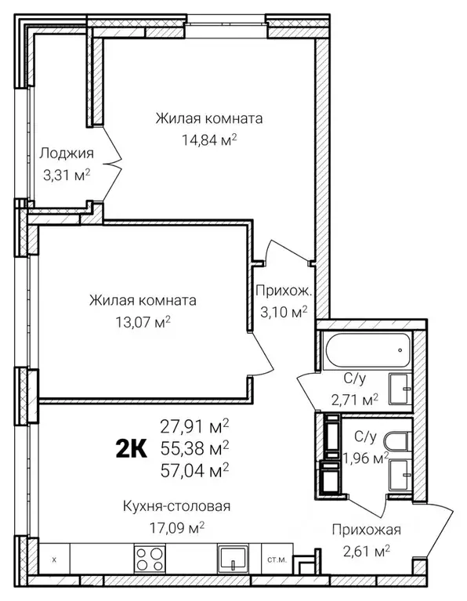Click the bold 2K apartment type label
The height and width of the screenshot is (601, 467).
point(131,449)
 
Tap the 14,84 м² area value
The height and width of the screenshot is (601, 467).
point(209,140)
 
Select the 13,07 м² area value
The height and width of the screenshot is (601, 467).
point(143,321)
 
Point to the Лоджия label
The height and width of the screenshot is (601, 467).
point(67,154)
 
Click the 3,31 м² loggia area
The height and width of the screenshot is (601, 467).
point(67,176)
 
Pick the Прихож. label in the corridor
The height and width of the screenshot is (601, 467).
point(284,291)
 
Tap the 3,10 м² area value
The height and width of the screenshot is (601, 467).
point(284,312)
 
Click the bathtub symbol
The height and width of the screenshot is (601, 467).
point(367,350)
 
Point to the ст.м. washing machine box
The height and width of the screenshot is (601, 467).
point(277,559)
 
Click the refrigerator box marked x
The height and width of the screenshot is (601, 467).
point(54,559)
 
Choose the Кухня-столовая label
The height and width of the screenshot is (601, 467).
point(177,506)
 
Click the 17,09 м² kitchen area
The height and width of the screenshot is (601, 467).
point(177,528)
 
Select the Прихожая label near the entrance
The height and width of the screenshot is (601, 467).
point(367,530)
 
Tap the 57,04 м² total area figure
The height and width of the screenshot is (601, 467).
point(195,470)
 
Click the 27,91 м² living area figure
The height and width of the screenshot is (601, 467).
point(195,426)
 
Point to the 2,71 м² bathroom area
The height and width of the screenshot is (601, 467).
point(355,400)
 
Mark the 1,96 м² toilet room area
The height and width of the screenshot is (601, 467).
point(366,458)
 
